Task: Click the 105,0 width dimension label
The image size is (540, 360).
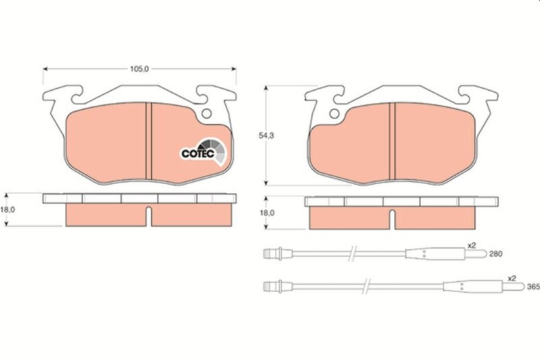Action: click(x=139, y=69)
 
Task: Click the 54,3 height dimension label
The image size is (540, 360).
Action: click(x=266, y=136)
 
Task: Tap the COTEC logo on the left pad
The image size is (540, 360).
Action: click(x=204, y=152)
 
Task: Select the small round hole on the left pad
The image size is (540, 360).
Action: click(x=207, y=113)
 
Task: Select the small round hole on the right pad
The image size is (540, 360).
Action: click(x=334, y=113)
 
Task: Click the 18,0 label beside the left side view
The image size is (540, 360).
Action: click(x=7, y=210)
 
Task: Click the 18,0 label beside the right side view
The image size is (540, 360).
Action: click(x=267, y=213)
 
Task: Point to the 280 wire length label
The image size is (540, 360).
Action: click(x=496, y=254)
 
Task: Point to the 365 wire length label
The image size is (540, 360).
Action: click(x=533, y=287)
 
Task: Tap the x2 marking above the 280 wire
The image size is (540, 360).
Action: click(x=471, y=245)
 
